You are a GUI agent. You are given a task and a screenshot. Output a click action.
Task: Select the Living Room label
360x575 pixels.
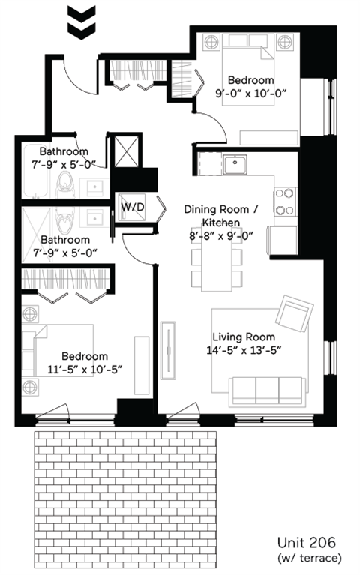pos(243,337)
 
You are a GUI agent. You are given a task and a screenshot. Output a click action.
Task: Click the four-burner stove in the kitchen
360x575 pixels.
pos(286,201)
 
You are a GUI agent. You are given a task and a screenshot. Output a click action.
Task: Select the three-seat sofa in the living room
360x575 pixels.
pos(267,389)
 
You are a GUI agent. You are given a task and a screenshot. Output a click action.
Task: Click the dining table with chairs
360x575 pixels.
pos(217,266)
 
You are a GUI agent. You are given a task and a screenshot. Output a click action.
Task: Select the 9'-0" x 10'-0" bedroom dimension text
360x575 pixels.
pos(250,93)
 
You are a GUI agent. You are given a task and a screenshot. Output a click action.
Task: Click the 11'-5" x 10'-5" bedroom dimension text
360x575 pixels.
pos(84,369)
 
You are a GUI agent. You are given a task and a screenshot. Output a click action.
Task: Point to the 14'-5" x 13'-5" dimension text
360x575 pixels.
pos(243,350)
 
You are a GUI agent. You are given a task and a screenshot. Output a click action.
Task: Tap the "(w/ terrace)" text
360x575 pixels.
pos(309,558)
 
